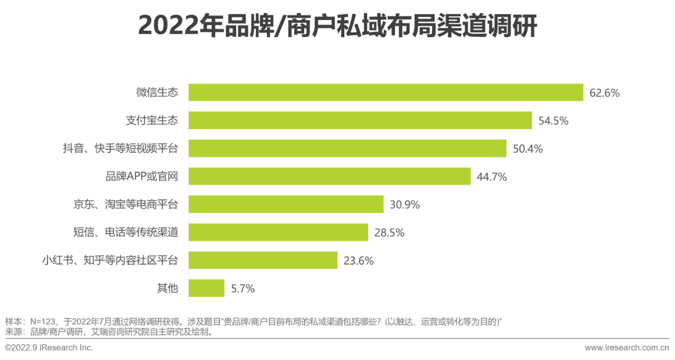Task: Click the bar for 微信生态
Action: click(385, 92)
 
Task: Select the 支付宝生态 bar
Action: click(360, 120)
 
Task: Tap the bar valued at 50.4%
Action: click(347, 148)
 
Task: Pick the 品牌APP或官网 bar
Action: click(329, 176)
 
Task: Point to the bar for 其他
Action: click(206, 288)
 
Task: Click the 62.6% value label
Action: click(604, 93)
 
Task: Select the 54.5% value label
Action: click(553, 121)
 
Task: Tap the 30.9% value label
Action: click(405, 205)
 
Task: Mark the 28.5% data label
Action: click(389, 233)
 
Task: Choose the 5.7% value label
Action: click(243, 289)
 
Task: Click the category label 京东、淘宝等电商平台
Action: click(126, 205)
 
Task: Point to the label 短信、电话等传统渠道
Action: click(126, 232)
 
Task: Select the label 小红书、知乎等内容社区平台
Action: click(110, 260)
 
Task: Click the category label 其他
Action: click(168, 288)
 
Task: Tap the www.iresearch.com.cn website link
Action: click(626, 348)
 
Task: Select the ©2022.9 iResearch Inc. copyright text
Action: click(49, 348)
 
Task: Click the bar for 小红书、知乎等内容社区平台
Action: click(263, 260)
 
